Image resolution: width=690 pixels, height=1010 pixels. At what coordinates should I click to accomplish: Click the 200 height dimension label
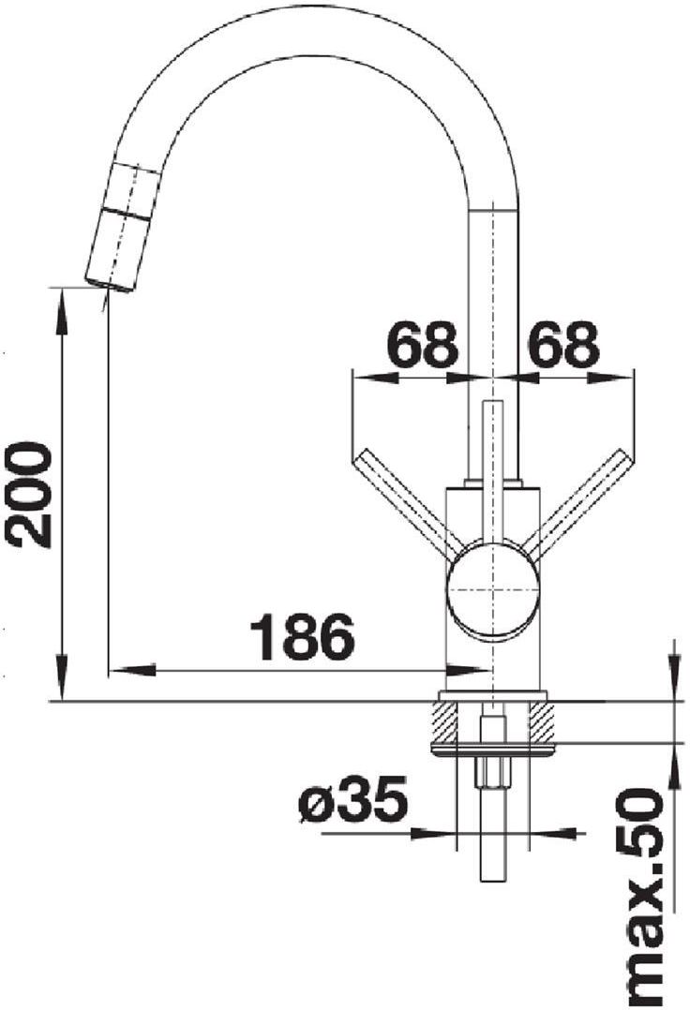(x=27, y=494)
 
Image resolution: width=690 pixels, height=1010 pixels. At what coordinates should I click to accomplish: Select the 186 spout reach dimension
(x=302, y=638)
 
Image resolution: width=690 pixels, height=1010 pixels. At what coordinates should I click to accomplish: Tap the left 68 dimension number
(x=422, y=344)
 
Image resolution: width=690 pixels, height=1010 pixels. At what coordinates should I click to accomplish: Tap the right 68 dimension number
(x=563, y=344)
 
